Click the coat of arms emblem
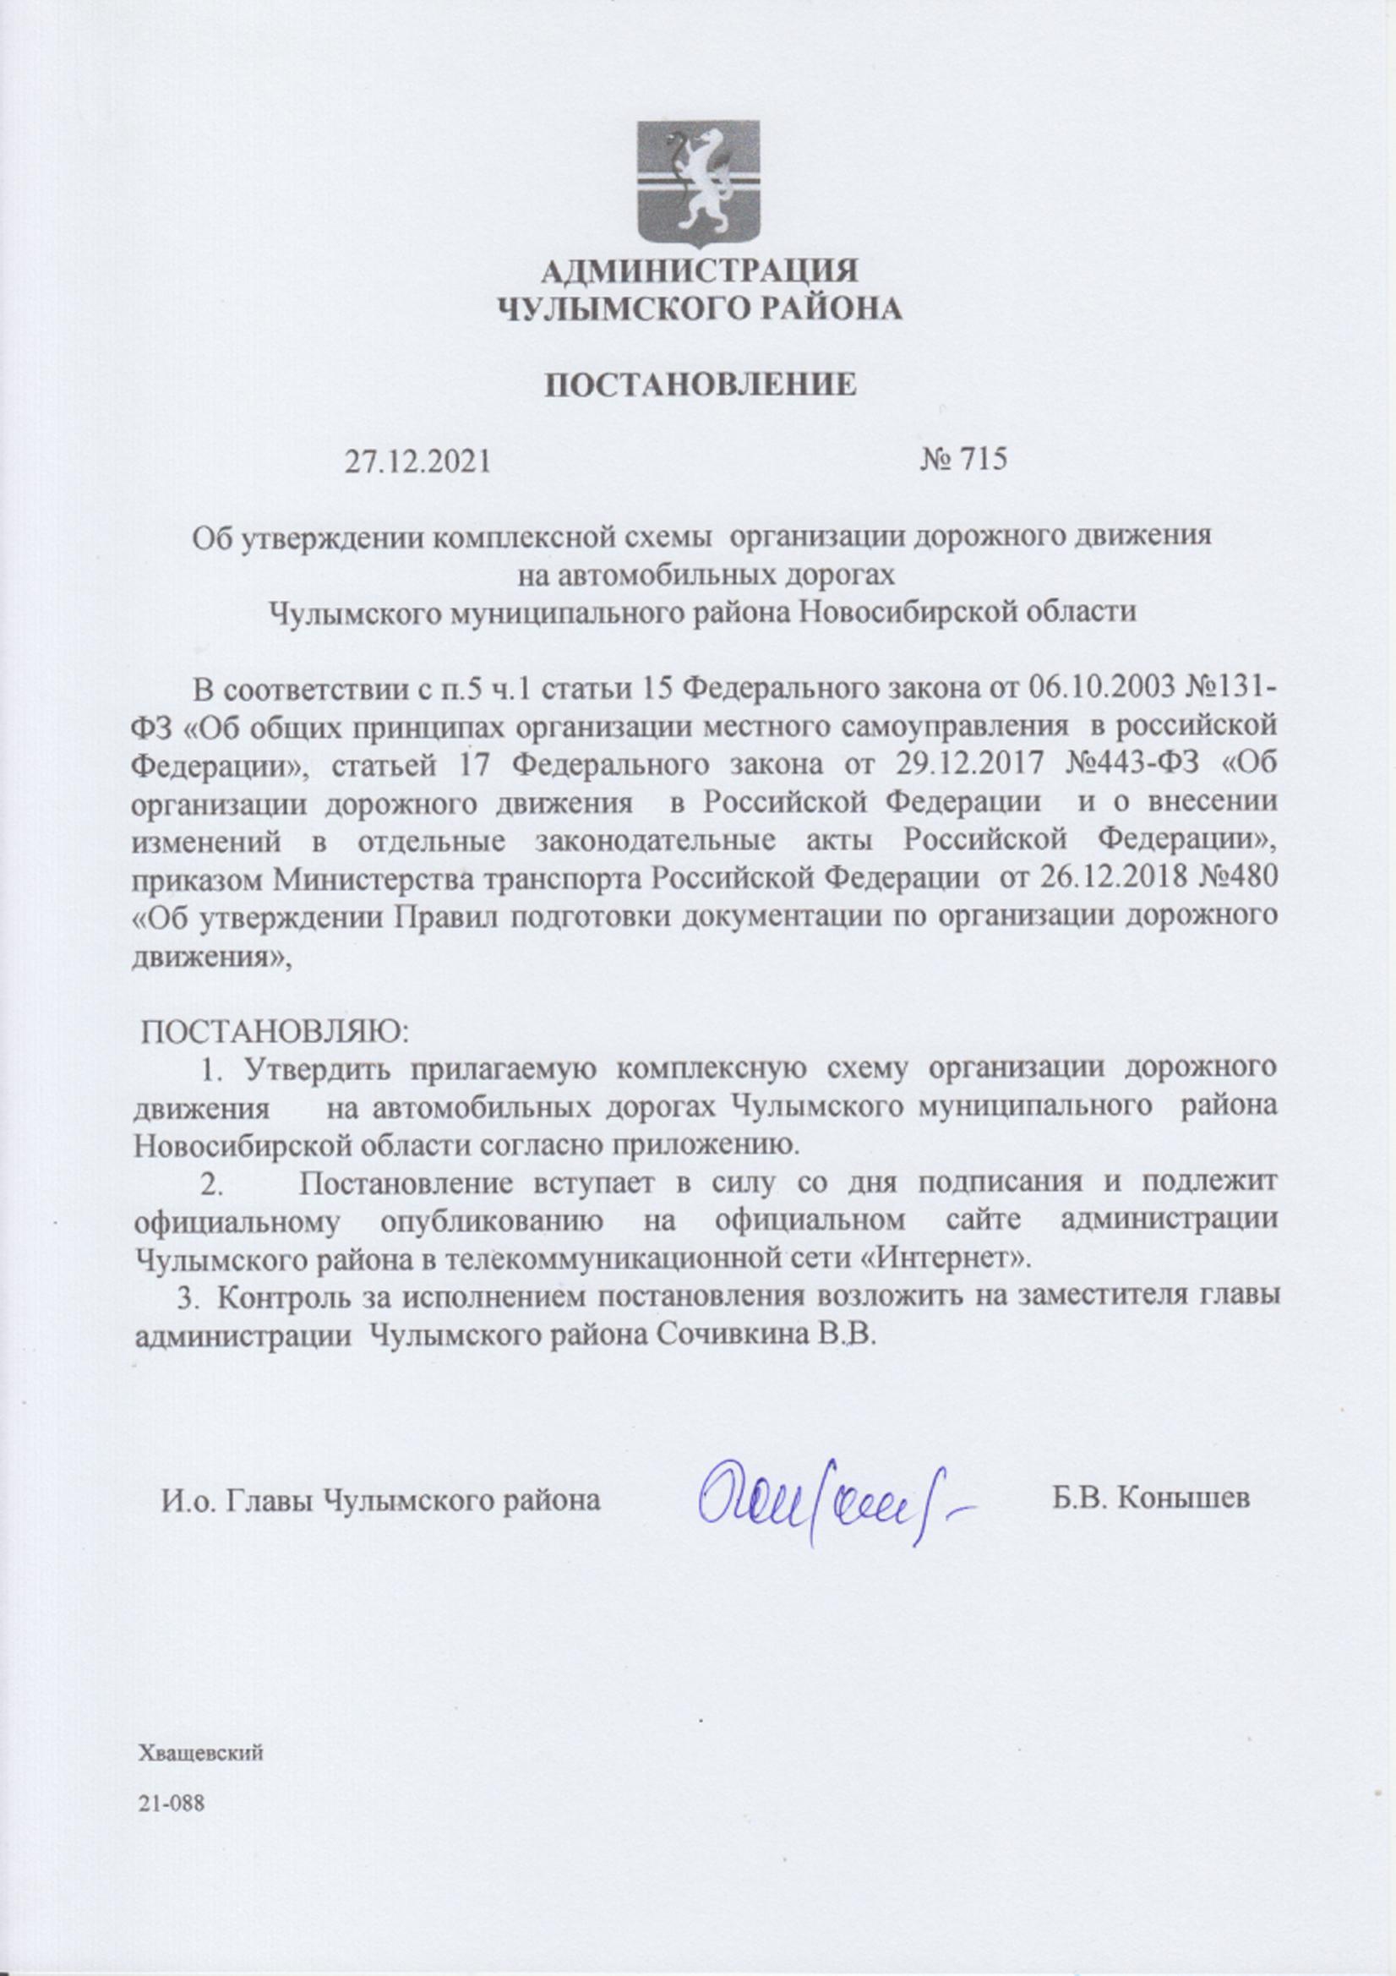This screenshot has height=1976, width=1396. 698,183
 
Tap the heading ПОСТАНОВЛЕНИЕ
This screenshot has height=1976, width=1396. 701,385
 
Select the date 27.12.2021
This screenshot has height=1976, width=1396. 417,462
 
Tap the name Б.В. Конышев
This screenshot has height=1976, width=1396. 1149,1499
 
